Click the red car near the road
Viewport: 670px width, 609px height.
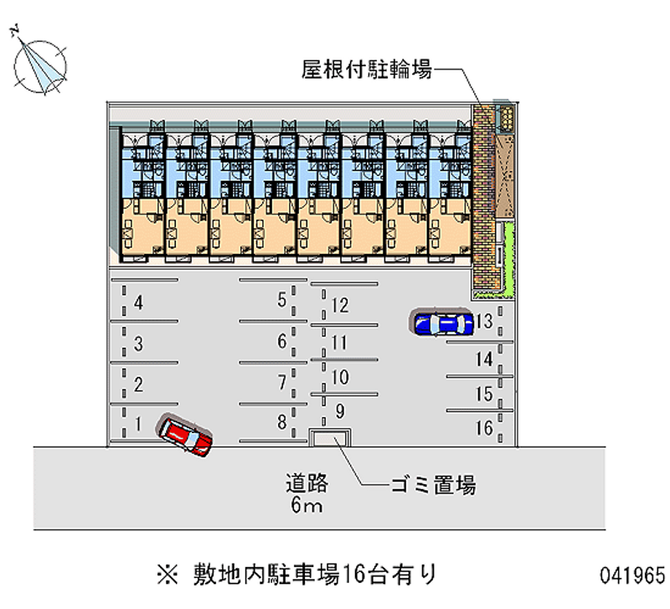[x=186, y=436]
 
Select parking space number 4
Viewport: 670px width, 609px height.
[x=138, y=303]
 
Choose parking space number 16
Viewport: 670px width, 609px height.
[x=483, y=428]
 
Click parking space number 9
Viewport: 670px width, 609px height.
[x=339, y=410]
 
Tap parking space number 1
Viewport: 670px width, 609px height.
[x=138, y=424]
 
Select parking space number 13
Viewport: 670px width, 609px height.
[x=484, y=321]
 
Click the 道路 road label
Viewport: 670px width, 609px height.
[x=305, y=483]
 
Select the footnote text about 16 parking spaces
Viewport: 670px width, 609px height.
[x=297, y=575]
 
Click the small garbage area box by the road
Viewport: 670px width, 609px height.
[x=330, y=438]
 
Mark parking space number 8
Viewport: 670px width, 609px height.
[x=282, y=421]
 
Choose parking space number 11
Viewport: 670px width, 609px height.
[x=339, y=342]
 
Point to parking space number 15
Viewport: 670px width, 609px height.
[x=483, y=394]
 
